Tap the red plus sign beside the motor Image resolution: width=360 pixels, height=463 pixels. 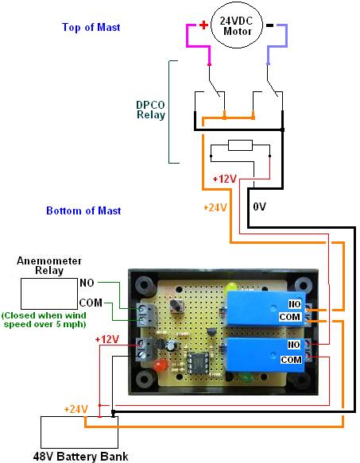[x=203, y=25]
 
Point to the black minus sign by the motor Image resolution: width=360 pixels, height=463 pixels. [x=270, y=25]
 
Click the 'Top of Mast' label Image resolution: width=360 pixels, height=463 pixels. [x=91, y=27]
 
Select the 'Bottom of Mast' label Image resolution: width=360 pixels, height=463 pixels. [x=83, y=210]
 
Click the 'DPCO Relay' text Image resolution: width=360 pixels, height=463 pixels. [x=150, y=110]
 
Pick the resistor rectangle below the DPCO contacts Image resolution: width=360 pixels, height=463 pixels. [x=240, y=145]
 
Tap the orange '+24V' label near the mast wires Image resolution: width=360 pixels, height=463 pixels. [x=215, y=207]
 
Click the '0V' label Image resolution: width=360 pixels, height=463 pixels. [x=260, y=206]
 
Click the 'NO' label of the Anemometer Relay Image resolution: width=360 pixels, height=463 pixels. [x=87, y=283]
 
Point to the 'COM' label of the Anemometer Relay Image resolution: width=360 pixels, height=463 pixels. [x=91, y=303]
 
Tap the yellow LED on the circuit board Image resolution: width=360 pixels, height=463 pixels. [x=232, y=287]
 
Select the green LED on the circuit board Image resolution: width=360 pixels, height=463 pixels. [x=247, y=377]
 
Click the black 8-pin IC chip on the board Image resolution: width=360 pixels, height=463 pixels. [x=197, y=363]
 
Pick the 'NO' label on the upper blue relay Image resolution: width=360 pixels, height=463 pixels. [x=294, y=304]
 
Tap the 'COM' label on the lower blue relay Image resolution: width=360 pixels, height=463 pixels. [x=291, y=360]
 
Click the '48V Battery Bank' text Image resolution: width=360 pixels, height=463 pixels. [x=80, y=457]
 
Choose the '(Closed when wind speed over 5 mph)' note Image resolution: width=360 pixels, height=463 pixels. [x=45, y=320]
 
